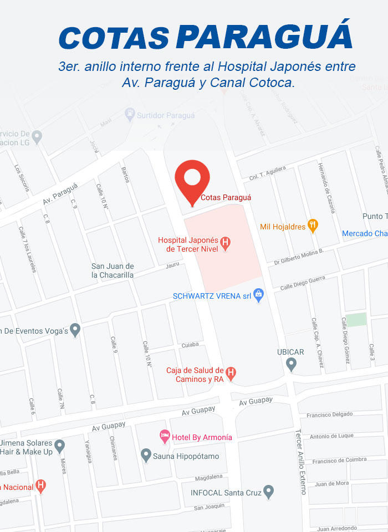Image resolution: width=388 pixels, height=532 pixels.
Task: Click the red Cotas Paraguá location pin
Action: (x=192, y=179)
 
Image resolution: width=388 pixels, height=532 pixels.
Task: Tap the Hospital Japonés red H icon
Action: (x=225, y=243)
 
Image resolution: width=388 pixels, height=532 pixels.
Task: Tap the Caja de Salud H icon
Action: (x=231, y=373)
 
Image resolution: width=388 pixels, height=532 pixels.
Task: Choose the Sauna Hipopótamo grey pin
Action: (x=146, y=455)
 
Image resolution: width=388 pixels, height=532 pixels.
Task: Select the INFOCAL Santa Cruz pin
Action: (x=268, y=490)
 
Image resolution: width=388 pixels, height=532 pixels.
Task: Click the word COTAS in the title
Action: (x=114, y=38)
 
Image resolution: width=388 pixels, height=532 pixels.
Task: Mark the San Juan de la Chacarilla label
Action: (x=113, y=270)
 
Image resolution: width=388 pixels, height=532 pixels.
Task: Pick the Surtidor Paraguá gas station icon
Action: (x=130, y=115)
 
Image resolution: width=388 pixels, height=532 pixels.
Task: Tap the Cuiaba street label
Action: (x=190, y=345)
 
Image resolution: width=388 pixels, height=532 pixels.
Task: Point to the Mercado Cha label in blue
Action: (x=364, y=233)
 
